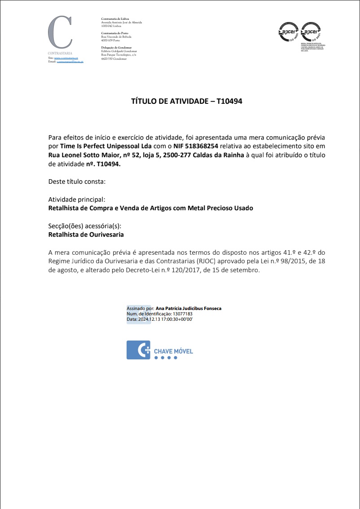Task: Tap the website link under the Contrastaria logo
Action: click(66, 58)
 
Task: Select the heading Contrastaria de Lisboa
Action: click(115, 18)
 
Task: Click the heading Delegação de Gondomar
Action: click(116, 47)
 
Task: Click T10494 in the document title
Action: click(229, 102)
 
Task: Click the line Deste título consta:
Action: click(77, 181)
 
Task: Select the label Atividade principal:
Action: click(77, 199)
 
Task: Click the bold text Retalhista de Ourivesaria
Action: click(86, 235)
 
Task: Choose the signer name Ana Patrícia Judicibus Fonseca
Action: click(188, 309)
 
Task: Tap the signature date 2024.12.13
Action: click(150, 319)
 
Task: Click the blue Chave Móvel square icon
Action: click(138, 350)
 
